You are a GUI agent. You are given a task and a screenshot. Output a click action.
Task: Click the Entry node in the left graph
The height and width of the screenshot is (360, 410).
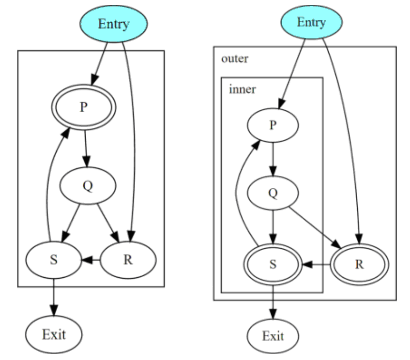click(113, 24)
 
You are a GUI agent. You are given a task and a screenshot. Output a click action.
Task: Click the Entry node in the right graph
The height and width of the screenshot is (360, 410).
click(311, 23)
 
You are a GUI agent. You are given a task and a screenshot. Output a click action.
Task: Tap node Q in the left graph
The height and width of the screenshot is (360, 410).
click(87, 187)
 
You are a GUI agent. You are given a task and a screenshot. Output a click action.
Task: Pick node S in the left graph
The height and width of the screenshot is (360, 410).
click(53, 259)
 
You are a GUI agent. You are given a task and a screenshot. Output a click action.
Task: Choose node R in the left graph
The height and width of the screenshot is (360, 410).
click(128, 259)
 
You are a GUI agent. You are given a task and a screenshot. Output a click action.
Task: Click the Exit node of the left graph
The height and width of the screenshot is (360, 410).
click(54, 333)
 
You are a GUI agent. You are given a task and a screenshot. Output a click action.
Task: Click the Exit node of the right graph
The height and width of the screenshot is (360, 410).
click(273, 336)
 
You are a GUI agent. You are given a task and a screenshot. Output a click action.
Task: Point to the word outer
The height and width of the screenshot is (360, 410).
click(234, 59)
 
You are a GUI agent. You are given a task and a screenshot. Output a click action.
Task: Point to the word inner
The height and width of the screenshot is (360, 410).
click(242, 90)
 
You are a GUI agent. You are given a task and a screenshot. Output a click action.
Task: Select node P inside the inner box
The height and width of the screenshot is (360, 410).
click(273, 125)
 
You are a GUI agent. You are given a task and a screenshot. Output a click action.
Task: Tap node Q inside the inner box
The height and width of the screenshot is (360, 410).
click(273, 193)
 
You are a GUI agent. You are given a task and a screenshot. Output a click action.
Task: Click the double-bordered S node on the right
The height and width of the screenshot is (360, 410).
click(273, 265)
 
